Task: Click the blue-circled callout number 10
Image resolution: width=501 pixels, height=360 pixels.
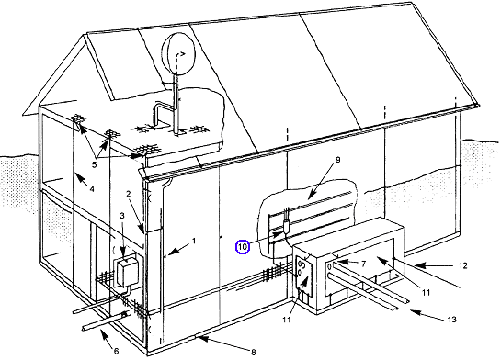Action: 243,247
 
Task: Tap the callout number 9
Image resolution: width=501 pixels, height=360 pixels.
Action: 338,160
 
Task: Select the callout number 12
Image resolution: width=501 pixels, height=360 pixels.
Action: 462,265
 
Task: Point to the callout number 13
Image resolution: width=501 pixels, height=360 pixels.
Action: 451,320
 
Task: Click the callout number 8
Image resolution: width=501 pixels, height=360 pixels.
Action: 253,352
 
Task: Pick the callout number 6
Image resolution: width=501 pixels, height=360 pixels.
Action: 116,351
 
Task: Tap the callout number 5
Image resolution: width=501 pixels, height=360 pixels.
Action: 94,164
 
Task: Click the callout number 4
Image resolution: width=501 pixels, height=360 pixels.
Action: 92,189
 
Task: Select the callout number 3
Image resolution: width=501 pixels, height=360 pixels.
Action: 122,216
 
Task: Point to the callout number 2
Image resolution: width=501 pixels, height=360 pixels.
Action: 128,194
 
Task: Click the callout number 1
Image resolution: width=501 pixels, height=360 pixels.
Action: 194,241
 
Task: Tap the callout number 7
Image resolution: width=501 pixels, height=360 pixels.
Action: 363,264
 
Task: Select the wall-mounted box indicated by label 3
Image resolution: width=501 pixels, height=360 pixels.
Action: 126,272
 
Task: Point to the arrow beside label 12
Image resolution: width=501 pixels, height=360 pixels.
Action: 435,265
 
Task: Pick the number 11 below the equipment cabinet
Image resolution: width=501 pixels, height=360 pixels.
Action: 287,320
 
